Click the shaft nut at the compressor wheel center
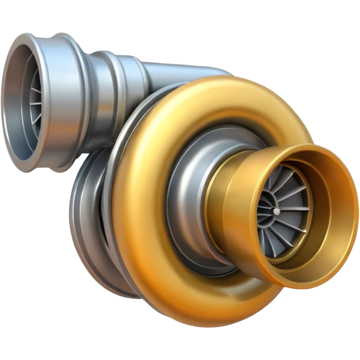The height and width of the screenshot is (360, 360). (277, 211)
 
